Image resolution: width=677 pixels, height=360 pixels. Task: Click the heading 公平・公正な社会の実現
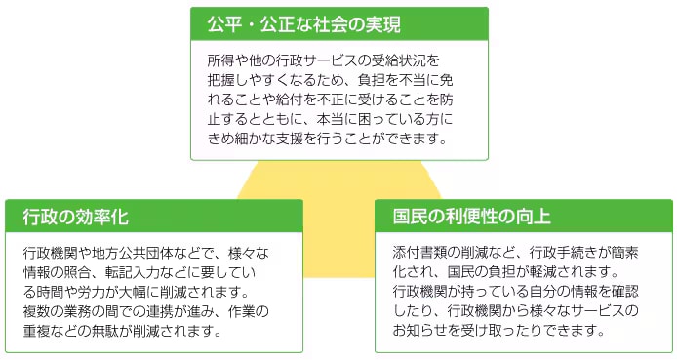pyautogui.click(x=303, y=23)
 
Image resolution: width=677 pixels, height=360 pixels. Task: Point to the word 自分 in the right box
pyautogui.click(x=536, y=290)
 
